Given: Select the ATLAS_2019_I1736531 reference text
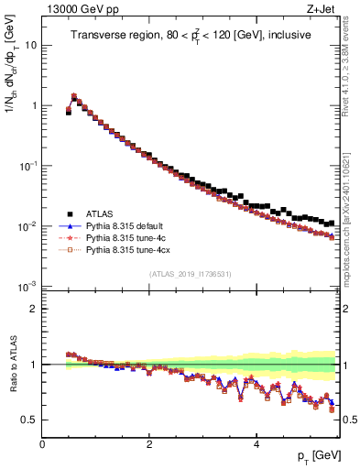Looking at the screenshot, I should click(x=190, y=274).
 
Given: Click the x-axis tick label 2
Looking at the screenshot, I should click(x=149, y=444).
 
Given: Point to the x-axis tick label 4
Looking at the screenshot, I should click(x=256, y=444).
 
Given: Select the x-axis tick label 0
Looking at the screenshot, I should click(x=42, y=444).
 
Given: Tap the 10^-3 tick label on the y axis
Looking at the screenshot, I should click(x=27, y=287).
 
